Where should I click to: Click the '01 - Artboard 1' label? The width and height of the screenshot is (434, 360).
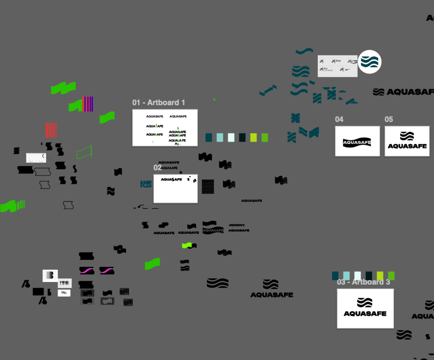click(x=159, y=102)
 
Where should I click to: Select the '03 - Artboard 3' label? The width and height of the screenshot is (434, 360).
click(x=363, y=282)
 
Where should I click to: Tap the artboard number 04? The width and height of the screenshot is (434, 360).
click(x=339, y=119)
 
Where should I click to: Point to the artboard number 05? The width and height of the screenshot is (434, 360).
click(x=389, y=119)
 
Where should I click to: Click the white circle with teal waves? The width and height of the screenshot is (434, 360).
click(x=370, y=62)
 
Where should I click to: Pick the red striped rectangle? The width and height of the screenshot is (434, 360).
click(x=51, y=130)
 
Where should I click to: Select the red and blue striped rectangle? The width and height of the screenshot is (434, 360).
click(x=88, y=104)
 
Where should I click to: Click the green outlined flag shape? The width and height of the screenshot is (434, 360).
click(x=84, y=152)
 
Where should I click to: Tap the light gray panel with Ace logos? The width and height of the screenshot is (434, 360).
click(x=337, y=66)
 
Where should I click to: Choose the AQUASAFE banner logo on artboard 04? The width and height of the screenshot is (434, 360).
click(x=357, y=142)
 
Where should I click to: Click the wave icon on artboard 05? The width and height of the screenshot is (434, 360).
click(x=407, y=136)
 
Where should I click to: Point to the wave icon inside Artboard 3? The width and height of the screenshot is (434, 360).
click(x=364, y=302)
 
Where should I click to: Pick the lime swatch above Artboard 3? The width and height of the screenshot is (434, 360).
click(x=380, y=276)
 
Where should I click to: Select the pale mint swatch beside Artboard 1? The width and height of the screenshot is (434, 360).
click(x=231, y=137)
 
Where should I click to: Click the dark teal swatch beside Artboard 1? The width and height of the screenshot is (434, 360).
click(x=209, y=137)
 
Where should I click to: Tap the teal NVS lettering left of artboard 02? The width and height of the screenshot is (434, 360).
click(x=146, y=184)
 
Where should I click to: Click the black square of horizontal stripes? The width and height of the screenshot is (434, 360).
click(x=208, y=186)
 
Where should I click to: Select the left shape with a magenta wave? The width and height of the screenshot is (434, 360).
click(x=86, y=270)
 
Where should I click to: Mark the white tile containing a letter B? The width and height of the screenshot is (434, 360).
click(x=50, y=275)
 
